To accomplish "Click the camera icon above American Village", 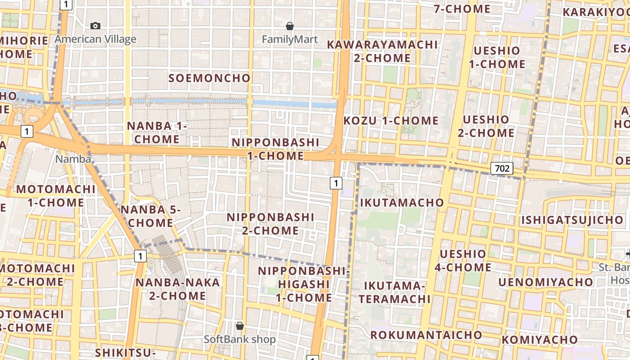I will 95,26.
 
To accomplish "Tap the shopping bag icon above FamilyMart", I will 290,27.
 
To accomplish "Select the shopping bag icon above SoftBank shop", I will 240,325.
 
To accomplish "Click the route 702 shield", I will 502,168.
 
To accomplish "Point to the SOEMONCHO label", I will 209,78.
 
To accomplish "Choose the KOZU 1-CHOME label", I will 391,121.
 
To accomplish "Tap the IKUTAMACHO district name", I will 402,202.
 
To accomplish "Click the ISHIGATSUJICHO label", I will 572,220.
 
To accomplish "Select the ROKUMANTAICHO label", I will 426,335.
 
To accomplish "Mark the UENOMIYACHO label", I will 545,282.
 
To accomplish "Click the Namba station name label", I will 73,159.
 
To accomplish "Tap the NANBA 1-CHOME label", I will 157,132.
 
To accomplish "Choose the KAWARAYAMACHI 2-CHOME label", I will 382,51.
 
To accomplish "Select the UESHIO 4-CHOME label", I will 463,261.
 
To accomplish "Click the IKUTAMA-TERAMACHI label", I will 394,292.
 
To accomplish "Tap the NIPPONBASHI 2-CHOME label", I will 270,224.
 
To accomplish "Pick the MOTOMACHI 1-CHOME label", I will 56,196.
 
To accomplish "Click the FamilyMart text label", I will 290,40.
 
